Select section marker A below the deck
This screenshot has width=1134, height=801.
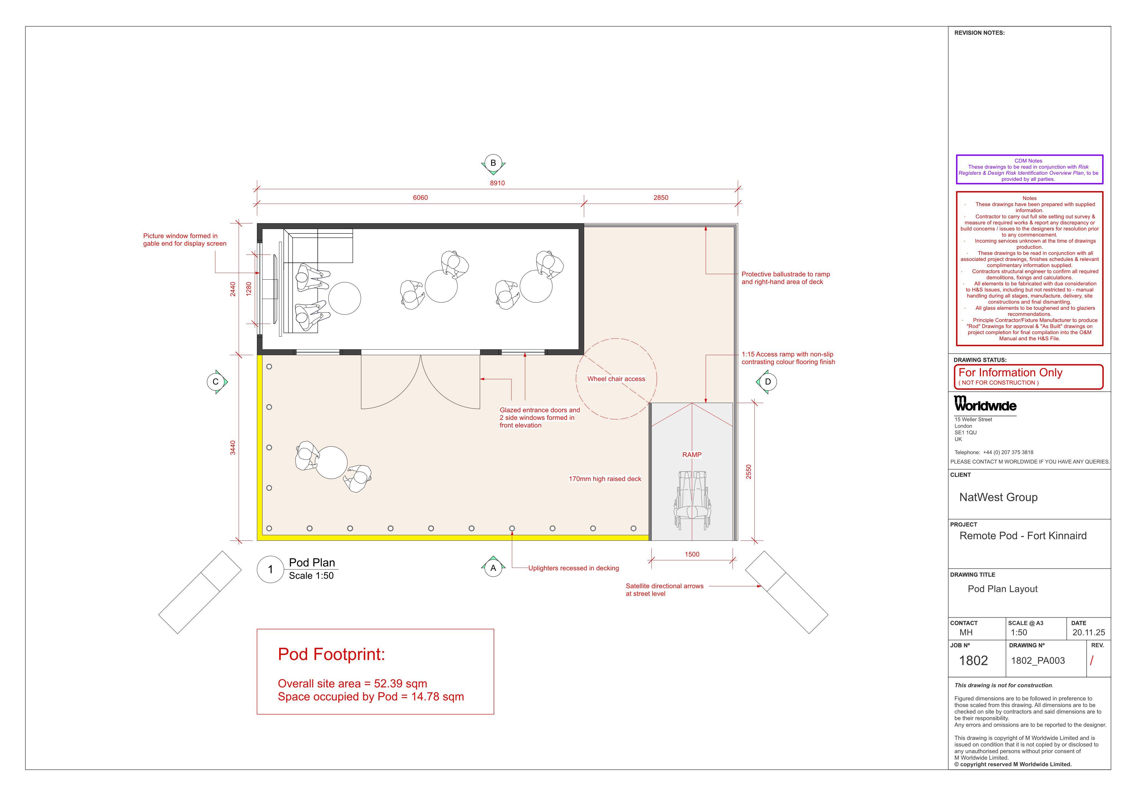[x=493, y=568]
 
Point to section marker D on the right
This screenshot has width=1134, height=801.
[x=767, y=381]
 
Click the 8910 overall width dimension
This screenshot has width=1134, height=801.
[x=497, y=183]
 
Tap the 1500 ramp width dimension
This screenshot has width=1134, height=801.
[x=692, y=554]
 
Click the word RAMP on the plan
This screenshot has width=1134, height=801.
[x=692, y=454]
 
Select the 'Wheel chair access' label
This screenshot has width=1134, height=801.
[x=616, y=379]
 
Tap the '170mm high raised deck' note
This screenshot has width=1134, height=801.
[x=605, y=479]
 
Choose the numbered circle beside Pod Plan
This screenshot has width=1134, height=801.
[x=270, y=569]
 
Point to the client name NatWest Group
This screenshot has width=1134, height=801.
[x=998, y=497]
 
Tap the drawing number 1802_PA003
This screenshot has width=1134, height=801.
[x=1038, y=660]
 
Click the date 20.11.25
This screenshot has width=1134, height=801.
[x=1089, y=632]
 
